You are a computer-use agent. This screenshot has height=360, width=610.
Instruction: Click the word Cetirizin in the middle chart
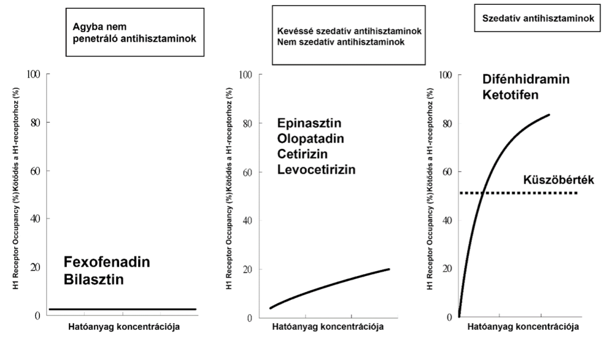pyautogui.click(x=304, y=154)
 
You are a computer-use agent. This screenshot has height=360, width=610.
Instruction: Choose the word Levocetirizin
pyautogui.click(x=316, y=170)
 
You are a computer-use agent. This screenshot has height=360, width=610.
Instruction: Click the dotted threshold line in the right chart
pyautogui.click(x=536, y=193)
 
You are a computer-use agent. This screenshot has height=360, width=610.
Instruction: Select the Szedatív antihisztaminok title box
pyautogui.click(x=537, y=18)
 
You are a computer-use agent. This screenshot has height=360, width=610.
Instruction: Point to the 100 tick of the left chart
pyautogui.click(x=33, y=74)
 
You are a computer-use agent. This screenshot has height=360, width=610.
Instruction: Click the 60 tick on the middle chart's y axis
pyautogui.click(x=246, y=172)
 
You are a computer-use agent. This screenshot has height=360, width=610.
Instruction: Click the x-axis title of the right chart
pyautogui.click(x=522, y=327)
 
